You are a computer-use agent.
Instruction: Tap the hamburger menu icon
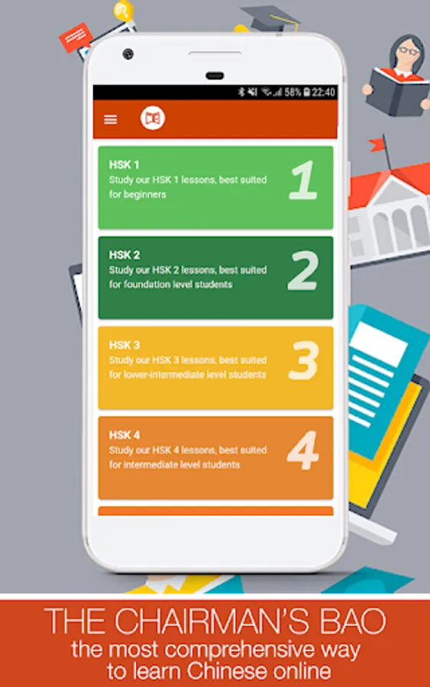pyautogui.click(x=111, y=119)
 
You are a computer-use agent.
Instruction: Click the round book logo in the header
pyautogui.click(x=153, y=118)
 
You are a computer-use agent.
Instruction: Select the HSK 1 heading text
pyautogui.click(x=124, y=165)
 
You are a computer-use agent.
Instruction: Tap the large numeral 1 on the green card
pyautogui.click(x=303, y=180)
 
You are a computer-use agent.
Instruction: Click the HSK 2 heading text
pyautogui.click(x=124, y=255)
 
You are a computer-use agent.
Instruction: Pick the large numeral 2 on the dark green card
pyautogui.click(x=303, y=270)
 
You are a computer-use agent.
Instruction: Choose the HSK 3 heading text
pyautogui.click(x=124, y=345)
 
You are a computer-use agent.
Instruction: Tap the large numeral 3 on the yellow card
pyautogui.click(x=303, y=360)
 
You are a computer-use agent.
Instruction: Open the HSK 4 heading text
pyautogui.click(x=124, y=435)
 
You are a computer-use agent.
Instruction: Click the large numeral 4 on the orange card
pyautogui.click(x=303, y=450)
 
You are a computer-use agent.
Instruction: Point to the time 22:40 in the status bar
pyautogui.click(x=324, y=92)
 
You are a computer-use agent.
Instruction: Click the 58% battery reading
pyautogui.click(x=293, y=92)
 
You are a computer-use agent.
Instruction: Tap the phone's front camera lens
pyautogui.click(x=128, y=54)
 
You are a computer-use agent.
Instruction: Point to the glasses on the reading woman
pyautogui.click(x=409, y=51)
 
